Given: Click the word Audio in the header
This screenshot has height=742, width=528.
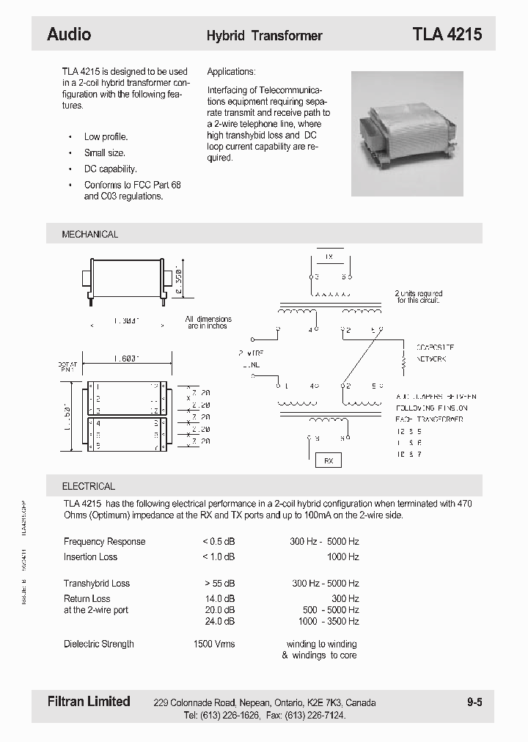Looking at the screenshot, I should click(69, 34).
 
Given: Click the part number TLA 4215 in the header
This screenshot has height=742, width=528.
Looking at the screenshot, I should click(447, 34).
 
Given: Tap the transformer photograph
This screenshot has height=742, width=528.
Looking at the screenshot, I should click(407, 133).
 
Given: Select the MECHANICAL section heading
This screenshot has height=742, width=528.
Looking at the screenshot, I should click(89, 235).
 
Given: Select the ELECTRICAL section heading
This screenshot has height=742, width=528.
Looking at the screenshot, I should click(88, 486).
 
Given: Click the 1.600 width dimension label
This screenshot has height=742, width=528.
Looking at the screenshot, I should click(127, 359).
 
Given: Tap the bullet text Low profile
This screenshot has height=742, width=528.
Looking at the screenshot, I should click(106, 137).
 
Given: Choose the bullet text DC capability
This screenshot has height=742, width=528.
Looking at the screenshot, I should click(110, 169).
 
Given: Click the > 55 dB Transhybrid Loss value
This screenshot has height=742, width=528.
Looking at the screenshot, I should click(219, 584).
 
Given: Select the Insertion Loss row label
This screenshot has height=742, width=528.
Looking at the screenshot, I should click(90, 557).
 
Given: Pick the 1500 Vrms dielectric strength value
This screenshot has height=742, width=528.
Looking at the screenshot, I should click(213, 644).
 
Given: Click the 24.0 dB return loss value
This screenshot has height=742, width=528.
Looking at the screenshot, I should click(220, 621).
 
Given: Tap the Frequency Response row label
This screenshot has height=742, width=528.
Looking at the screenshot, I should click(104, 542).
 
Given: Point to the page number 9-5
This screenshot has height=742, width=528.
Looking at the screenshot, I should click(474, 702).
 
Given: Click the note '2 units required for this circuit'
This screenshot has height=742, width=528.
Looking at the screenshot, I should click(419, 297).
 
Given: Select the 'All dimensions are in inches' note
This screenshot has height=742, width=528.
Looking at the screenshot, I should click(208, 323).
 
